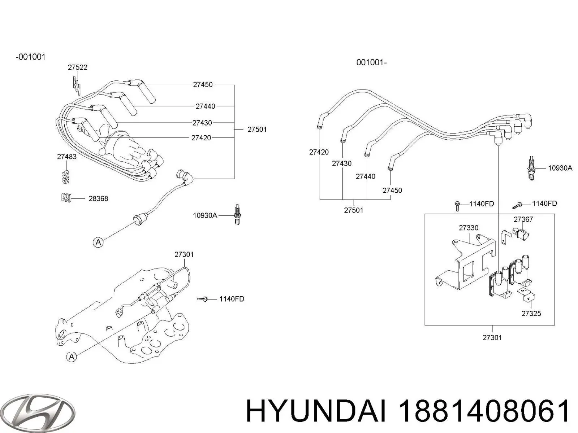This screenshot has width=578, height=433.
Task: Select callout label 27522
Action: click(77, 67)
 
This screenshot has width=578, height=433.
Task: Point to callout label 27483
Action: click(66, 157)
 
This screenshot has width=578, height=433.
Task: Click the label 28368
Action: click(98, 198)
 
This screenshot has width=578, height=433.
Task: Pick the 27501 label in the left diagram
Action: click(257, 129)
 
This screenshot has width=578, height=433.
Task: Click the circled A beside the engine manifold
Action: click(72, 357)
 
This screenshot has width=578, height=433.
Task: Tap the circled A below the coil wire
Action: click(98, 242)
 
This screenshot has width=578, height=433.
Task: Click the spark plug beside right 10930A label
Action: click(531, 168)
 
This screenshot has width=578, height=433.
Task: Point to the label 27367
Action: click(523, 219)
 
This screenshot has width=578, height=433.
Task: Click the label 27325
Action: click(531, 313)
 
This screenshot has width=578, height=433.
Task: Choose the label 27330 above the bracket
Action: click(469, 228)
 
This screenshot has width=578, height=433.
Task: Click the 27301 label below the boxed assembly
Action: click(492, 337)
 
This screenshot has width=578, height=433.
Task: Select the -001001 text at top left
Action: click(30, 57)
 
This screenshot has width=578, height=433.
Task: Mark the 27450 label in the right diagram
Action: click(392, 190)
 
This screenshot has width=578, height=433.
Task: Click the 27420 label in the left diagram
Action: click(201, 137)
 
